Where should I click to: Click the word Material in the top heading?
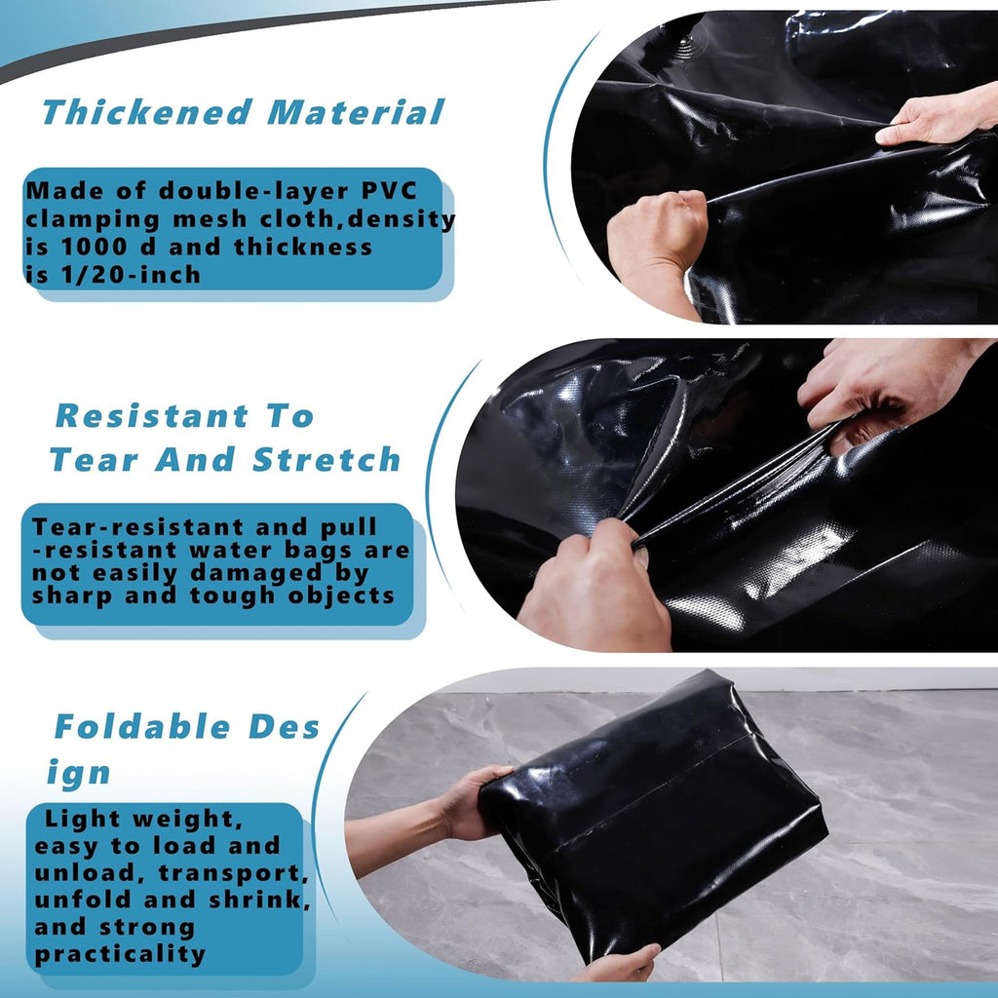click(x=356, y=112)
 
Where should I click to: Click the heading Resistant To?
click(x=184, y=416)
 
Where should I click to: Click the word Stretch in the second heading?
click(x=326, y=460)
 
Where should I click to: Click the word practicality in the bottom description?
click(x=120, y=954)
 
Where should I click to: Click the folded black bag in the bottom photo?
click(x=653, y=809)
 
